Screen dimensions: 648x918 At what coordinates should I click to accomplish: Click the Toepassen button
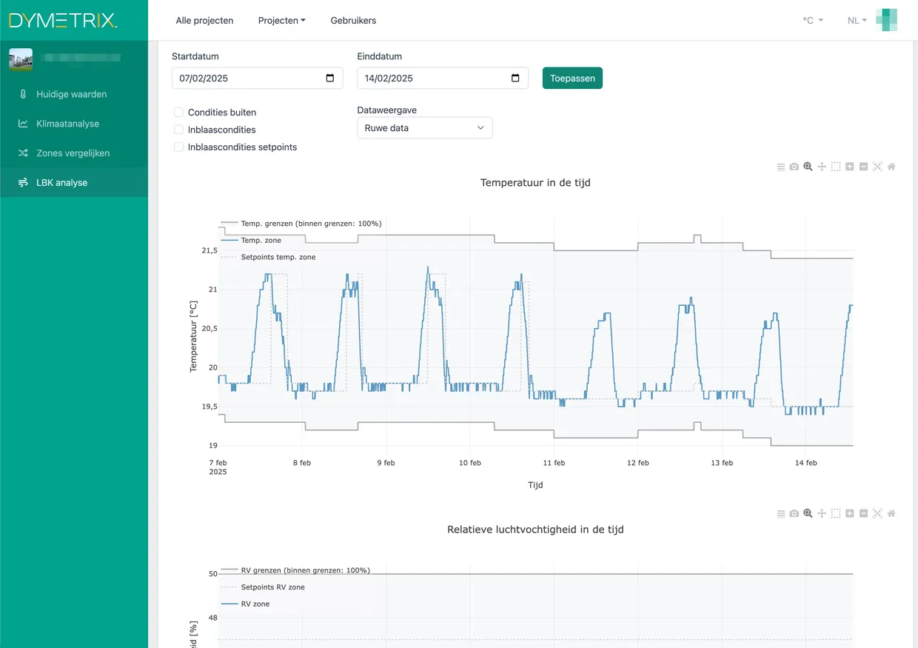572,78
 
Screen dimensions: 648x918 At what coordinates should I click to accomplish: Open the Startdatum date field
257,79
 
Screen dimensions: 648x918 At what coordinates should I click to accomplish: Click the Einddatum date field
442,79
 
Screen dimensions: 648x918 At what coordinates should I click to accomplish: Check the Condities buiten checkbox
178,113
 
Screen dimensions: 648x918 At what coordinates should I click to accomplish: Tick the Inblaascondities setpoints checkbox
178,147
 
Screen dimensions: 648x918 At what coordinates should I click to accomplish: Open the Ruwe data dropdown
424,128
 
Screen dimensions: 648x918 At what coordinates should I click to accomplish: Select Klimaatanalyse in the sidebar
67,124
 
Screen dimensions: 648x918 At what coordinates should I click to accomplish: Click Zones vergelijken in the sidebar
73,153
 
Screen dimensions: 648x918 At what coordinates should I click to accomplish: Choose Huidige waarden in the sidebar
71,94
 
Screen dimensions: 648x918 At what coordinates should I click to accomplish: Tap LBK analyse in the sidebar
61,183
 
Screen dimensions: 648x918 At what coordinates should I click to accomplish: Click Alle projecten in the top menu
204,21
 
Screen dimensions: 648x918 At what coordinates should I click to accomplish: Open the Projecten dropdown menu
281,21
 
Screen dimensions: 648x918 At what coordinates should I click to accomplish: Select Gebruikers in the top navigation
353,21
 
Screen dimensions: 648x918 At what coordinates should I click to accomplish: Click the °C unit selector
812,21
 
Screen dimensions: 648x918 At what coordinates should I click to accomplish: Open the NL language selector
857,21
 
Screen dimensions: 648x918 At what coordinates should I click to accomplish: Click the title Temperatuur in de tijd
535,183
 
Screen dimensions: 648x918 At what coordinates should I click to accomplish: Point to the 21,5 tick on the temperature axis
210,251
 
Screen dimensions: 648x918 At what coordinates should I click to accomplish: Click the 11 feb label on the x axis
554,463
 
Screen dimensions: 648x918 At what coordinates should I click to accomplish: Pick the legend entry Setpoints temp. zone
278,257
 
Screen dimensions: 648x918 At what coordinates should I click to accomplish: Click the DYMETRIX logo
63,21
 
